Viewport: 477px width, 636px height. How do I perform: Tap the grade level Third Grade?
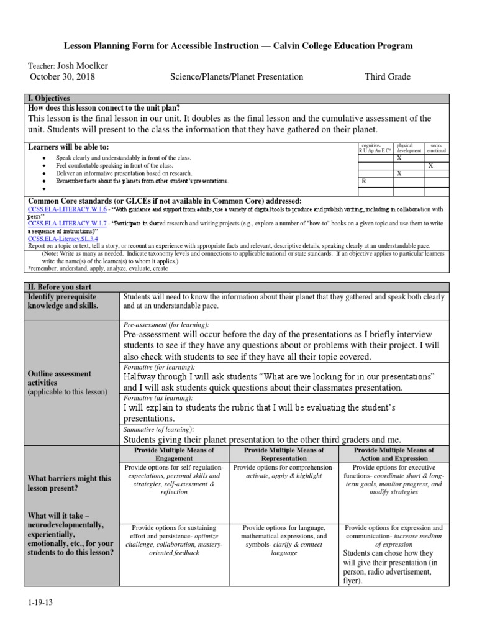click(x=387, y=77)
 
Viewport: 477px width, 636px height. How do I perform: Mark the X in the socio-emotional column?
click(x=430, y=166)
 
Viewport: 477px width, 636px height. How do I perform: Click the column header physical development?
click(x=408, y=148)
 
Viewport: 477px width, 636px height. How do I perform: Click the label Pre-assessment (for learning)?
click(x=167, y=324)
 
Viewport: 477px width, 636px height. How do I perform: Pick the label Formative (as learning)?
click(x=160, y=397)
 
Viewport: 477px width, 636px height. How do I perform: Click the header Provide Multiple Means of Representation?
click(x=284, y=454)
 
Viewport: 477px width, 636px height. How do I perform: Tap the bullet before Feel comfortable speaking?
click(x=43, y=166)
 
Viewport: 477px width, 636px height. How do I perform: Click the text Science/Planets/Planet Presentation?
click(x=237, y=77)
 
